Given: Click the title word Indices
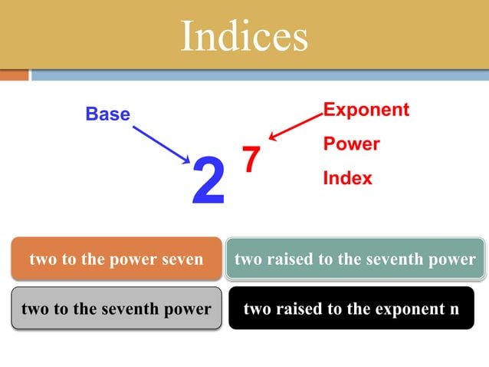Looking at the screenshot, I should pyautogui.click(x=244, y=35).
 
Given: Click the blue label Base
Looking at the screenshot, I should pyautogui.click(x=107, y=114).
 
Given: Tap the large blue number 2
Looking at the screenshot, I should pyautogui.click(x=208, y=181).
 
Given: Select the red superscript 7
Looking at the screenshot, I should pyautogui.click(x=251, y=159).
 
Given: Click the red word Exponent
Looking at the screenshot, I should pyautogui.click(x=366, y=110).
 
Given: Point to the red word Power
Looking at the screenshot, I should pyautogui.click(x=351, y=144).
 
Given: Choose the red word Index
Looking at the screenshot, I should pyautogui.click(x=347, y=178).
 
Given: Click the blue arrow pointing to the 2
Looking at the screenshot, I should pyautogui.click(x=161, y=144).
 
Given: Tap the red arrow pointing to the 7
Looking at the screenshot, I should pyautogui.click(x=295, y=127).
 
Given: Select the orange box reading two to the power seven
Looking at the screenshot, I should pyautogui.click(x=117, y=259).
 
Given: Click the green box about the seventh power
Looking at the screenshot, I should pyautogui.click(x=355, y=259).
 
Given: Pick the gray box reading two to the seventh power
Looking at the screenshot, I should pyautogui.click(x=117, y=309).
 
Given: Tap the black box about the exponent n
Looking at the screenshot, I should pyautogui.click(x=351, y=309).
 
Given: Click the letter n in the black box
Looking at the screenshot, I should pyautogui.click(x=455, y=309).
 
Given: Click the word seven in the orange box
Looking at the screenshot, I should pyautogui.click(x=183, y=259).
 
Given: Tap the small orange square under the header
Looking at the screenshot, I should pyautogui.click(x=14, y=75).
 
